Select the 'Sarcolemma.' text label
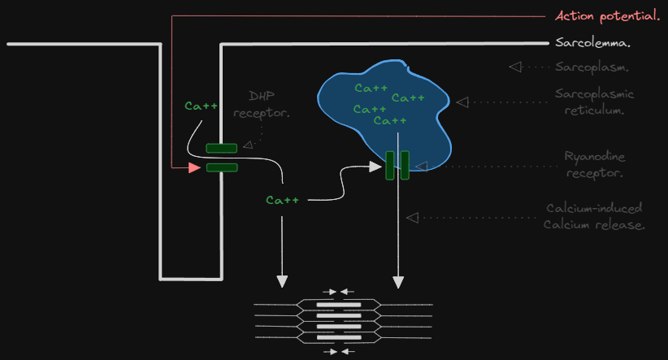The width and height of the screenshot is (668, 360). click(x=593, y=43)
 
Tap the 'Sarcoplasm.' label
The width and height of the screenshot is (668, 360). click(x=593, y=67)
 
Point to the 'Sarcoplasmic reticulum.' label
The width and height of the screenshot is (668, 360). click(x=595, y=102)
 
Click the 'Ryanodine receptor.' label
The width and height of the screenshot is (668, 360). click(x=595, y=164)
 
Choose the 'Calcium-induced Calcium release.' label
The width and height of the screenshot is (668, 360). click(x=594, y=217)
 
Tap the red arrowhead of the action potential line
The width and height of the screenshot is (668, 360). click(x=194, y=167)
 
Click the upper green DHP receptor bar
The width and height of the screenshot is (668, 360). click(x=221, y=148)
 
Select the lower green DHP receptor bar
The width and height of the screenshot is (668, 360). click(x=221, y=167)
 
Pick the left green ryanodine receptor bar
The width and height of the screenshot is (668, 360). click(x=390, y=165)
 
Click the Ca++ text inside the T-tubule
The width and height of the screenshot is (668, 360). click(x=201, y=106)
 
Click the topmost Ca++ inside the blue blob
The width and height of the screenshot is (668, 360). click(x=370, y=88)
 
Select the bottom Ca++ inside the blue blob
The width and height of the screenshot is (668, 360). click(x=389, y=121)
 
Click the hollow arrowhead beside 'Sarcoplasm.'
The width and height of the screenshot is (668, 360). click(x=514, y=67)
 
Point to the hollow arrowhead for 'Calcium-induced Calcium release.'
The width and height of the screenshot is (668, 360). click(x=412, y=217)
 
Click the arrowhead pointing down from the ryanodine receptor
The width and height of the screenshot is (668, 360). click(x=398, y=282)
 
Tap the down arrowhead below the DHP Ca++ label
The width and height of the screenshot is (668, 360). click(x=282, y=281)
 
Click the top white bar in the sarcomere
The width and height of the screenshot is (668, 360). click(x=339, y=305)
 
